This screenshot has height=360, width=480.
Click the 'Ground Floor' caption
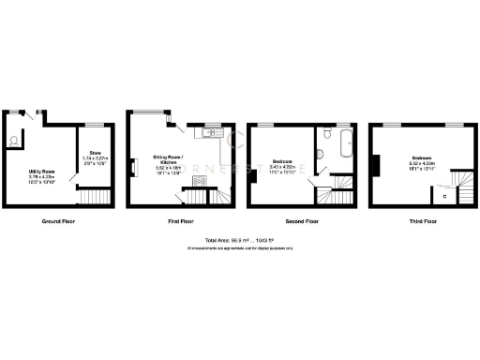[x=58, y=222]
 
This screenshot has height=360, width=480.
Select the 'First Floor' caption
[x=178, y=222]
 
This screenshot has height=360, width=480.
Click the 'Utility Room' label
[x=41, y=172]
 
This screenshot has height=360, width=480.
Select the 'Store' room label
[x=95, y=152]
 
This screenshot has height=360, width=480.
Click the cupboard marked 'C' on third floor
[x=444, y=197]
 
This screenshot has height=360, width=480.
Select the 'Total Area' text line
[x=240, y=241]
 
